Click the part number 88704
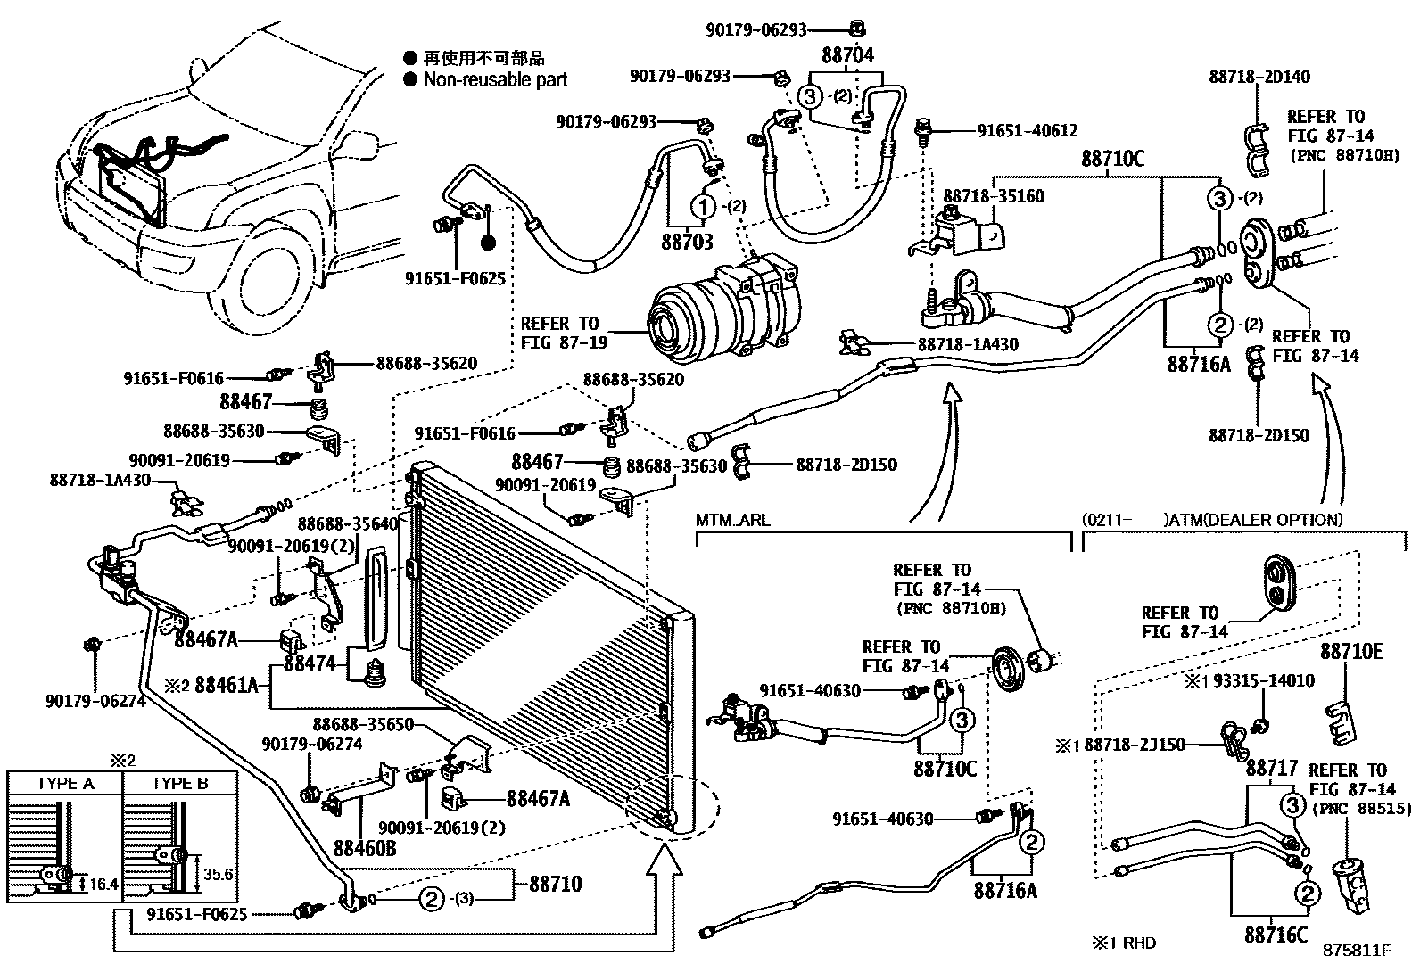[x=847, y=55]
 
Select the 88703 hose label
[x=687, y=242]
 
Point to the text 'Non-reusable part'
[x=495, y=79]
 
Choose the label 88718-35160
[x=994, y=196]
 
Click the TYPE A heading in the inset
[x=64, y=784]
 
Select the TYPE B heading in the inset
[x=179, y=784]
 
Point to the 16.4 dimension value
[x=104, y=885]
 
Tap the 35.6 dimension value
[x=219, y=875]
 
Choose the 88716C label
[x=1276, y=935]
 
